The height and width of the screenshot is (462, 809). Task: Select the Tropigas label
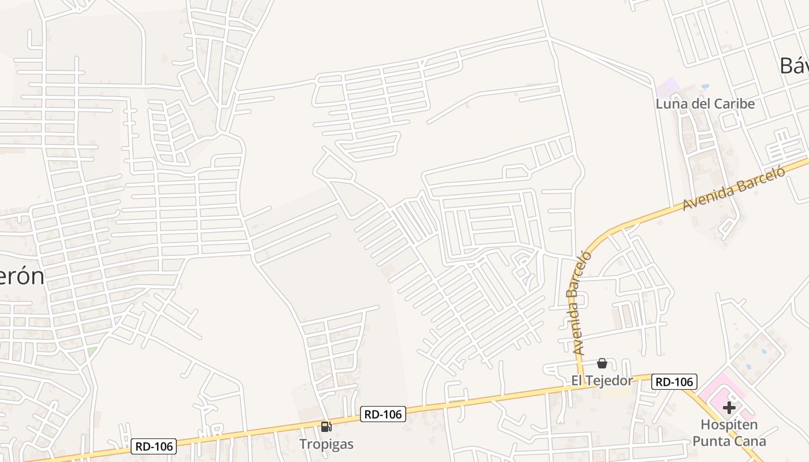(326, 444)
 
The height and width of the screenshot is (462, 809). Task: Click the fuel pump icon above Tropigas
(326, 427)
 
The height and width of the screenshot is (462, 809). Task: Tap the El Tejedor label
(602, 380)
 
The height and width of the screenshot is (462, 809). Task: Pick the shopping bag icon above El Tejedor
(602, 363)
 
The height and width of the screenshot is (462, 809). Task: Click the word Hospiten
(729, 425)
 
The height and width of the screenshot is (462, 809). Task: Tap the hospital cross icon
(729, 408)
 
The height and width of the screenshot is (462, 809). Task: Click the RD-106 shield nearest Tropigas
(383, 413)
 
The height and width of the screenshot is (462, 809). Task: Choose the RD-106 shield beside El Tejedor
(674, 382)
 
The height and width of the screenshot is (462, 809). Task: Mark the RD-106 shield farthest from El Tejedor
(153, 446)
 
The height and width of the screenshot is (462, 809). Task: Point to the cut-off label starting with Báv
(794, 66)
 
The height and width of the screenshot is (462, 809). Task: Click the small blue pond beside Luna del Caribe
(705, 87)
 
